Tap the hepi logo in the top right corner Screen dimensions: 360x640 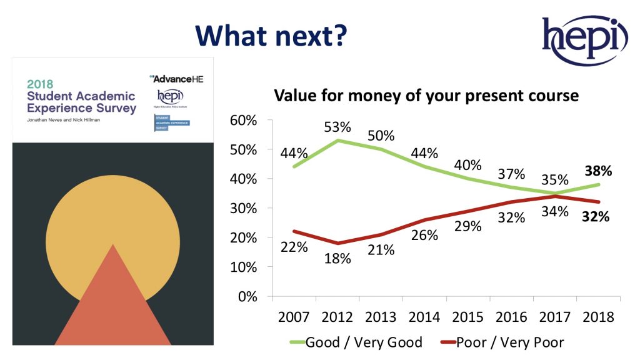click(584, 41)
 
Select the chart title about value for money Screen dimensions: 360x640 click(427, 97)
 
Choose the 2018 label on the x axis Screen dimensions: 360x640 click(597, 317)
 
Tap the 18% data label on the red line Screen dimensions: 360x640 click(338, 259)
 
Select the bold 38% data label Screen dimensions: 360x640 click(597, 169)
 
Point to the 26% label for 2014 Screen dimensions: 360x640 click(424, 236)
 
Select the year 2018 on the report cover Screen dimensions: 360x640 click(40, 83)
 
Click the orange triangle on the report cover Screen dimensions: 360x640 click(112, 300)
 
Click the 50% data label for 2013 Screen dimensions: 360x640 click(381, 136)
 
